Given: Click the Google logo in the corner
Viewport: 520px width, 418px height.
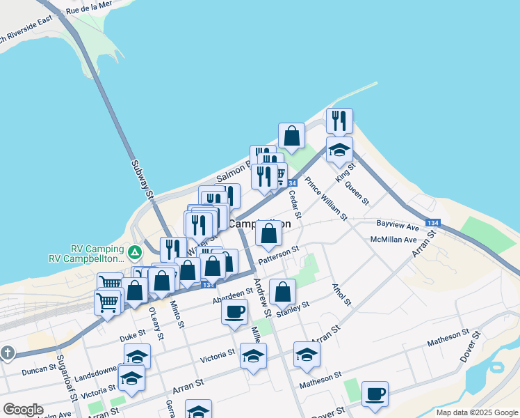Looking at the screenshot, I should (23, 409).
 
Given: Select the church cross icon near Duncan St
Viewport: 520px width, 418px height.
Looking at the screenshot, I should (8, 353).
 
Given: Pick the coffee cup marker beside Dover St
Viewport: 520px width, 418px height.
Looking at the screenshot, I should (375, 394).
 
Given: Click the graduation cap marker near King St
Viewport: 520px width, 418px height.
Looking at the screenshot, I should (339, 149).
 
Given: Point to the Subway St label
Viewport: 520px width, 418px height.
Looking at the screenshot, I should (142, 178).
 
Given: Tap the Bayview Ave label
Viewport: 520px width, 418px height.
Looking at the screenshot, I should (397, 226).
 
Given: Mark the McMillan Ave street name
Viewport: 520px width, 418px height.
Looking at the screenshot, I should (393, 239).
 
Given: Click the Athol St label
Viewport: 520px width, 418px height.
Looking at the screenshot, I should (341, 293).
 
